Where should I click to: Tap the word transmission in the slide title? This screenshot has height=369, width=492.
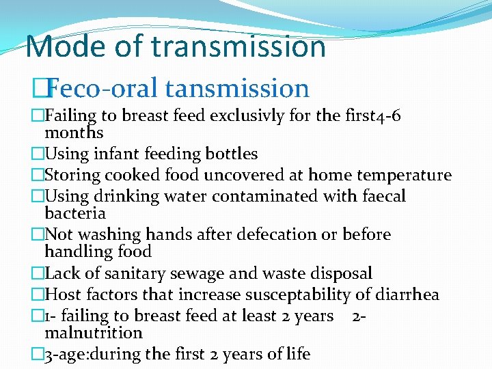(x=238, y=47)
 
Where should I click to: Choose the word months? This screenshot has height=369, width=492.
(x=74, y=133)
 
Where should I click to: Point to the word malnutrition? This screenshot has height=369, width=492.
(x=93, y=333)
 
